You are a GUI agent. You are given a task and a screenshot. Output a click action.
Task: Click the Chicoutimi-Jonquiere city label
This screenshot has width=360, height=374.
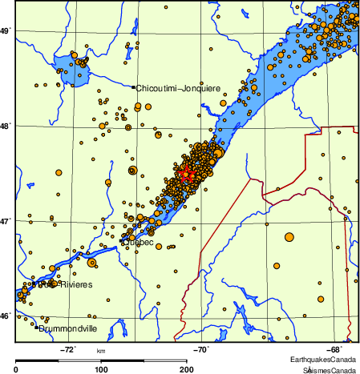click(x=178, y=87)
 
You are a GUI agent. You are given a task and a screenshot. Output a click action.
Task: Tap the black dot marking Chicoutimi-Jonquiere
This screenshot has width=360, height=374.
click(x=133, y=87)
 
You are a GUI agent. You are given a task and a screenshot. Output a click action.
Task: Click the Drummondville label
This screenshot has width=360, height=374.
click(x=69, y=328)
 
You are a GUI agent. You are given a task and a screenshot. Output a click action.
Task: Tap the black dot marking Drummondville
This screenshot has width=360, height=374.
click(x=38, y=328)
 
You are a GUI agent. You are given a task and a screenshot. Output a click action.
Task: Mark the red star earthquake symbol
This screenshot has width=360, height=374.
click(x=186, y=174)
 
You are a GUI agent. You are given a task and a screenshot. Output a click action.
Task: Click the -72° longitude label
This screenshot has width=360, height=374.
click(x=68, y=349)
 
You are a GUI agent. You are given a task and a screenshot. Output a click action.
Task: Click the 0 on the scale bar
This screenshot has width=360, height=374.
click(x=17, y=369)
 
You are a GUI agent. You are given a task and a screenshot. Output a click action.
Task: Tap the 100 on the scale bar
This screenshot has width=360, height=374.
click(x=101, y=369)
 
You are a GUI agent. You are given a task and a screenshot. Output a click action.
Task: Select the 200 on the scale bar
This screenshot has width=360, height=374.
click(x=185, y=369)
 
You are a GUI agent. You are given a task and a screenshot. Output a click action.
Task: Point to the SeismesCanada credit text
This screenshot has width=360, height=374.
click(x=329, y=371)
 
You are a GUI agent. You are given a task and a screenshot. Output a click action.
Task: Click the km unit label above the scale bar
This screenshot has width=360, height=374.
click(x=101, y=351)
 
